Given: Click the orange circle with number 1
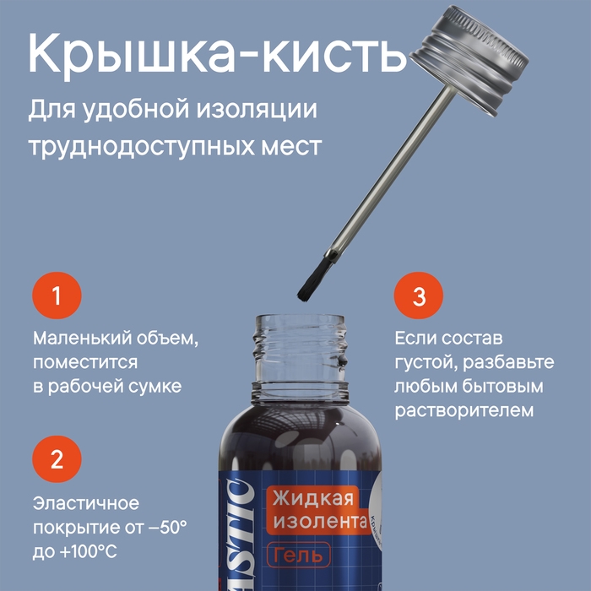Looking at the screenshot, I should pyautogui.click(x=57, y=296).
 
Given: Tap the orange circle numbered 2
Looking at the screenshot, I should pyautogui.click(x=57, y=460).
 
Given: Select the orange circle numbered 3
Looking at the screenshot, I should pyautogui.click(x=419, y=296).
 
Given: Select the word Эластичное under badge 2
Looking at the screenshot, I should pyautogui.click(x=85, y=503).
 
